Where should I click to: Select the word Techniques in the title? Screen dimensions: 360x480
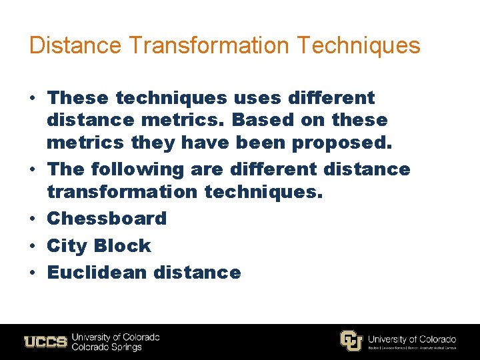(x=359, y=45)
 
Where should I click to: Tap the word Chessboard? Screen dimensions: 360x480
(x=107, y=219)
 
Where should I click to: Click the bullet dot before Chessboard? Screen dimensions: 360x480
(x=32, y=219)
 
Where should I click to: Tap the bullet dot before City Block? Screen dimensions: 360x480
(x=32, y=246)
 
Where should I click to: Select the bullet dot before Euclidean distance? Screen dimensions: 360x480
(x=32, y=273)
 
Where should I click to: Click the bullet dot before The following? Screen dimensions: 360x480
(x=32, y=170)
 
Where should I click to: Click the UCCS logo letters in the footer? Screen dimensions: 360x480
(x=45, y=342)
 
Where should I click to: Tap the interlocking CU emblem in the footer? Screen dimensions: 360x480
(x=351, y=341)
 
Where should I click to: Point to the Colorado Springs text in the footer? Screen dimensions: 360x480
(x=107, y=347)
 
